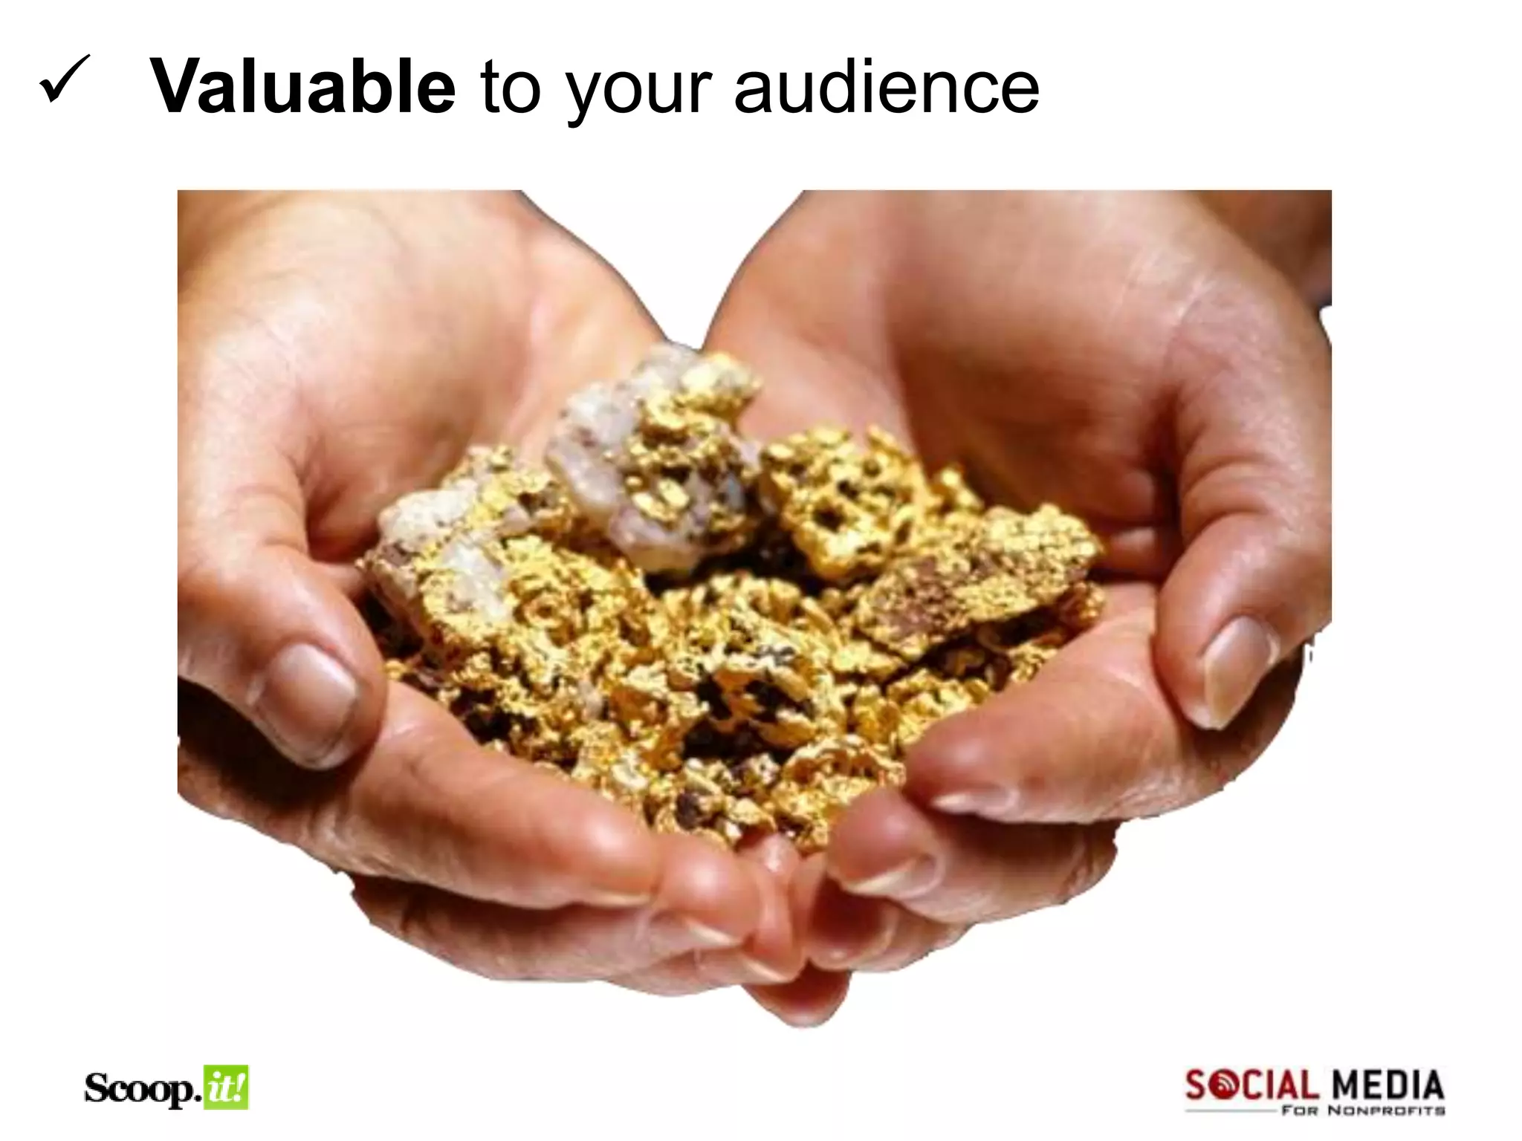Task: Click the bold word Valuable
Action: point(303,88)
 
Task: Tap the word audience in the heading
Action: point(886,88)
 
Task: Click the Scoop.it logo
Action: point(166,1088)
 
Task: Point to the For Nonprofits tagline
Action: point(1363,1111)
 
